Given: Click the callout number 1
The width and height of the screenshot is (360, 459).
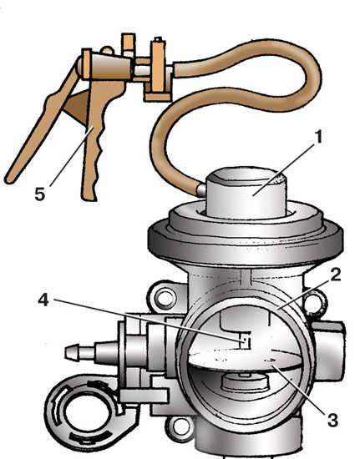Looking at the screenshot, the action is (x=317, y=137).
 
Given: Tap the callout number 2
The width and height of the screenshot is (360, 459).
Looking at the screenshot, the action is (x=335, y=275).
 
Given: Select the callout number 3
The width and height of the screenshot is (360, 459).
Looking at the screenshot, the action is (x=332, y=421).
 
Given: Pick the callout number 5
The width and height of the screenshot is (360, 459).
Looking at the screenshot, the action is (x=40, y=194).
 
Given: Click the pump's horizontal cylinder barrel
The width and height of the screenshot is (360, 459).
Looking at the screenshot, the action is (x=107, y=66).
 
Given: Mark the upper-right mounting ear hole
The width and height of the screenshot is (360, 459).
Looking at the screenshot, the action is (x=314, y=301).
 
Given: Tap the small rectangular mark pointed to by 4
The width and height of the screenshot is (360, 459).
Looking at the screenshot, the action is (x=246, y=340).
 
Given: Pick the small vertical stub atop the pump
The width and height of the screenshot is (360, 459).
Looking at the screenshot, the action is (x=129, y=44).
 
